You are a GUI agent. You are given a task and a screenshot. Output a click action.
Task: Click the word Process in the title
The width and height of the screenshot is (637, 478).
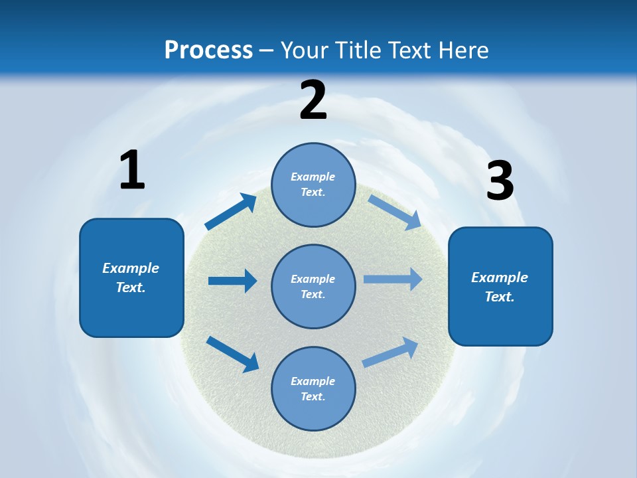pos(208,50)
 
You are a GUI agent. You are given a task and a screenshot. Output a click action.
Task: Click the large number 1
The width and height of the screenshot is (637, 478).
pos(132,171)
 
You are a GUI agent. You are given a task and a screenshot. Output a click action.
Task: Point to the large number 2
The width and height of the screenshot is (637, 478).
pos(313,100)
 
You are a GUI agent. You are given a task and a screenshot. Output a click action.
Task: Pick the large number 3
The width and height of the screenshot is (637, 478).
pos(500,181)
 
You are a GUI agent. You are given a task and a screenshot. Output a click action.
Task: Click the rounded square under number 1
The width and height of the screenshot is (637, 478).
pos(131,278)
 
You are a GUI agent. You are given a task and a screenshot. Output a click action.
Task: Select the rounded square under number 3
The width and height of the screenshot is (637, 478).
pos(500,286)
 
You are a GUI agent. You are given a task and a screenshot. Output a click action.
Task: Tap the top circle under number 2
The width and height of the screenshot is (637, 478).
pos(313,185)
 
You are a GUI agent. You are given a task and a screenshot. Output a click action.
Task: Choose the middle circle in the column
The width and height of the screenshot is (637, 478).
pos(313,286)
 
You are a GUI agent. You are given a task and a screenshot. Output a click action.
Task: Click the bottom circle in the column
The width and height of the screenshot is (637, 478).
pos(313,388)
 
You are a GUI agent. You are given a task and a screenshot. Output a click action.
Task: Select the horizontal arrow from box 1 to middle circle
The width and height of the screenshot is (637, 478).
pos(232,281)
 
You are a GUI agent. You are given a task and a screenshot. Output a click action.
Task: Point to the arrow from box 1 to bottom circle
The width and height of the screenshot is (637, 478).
pos(232,354)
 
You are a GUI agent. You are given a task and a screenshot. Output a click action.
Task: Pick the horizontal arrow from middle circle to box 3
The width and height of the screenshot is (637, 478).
pos(393,279)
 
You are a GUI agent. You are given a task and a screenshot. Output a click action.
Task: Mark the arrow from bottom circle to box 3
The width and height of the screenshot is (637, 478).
pos(391,352)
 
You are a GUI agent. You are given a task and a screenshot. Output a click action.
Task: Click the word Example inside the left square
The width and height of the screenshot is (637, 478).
pos(131,268)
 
